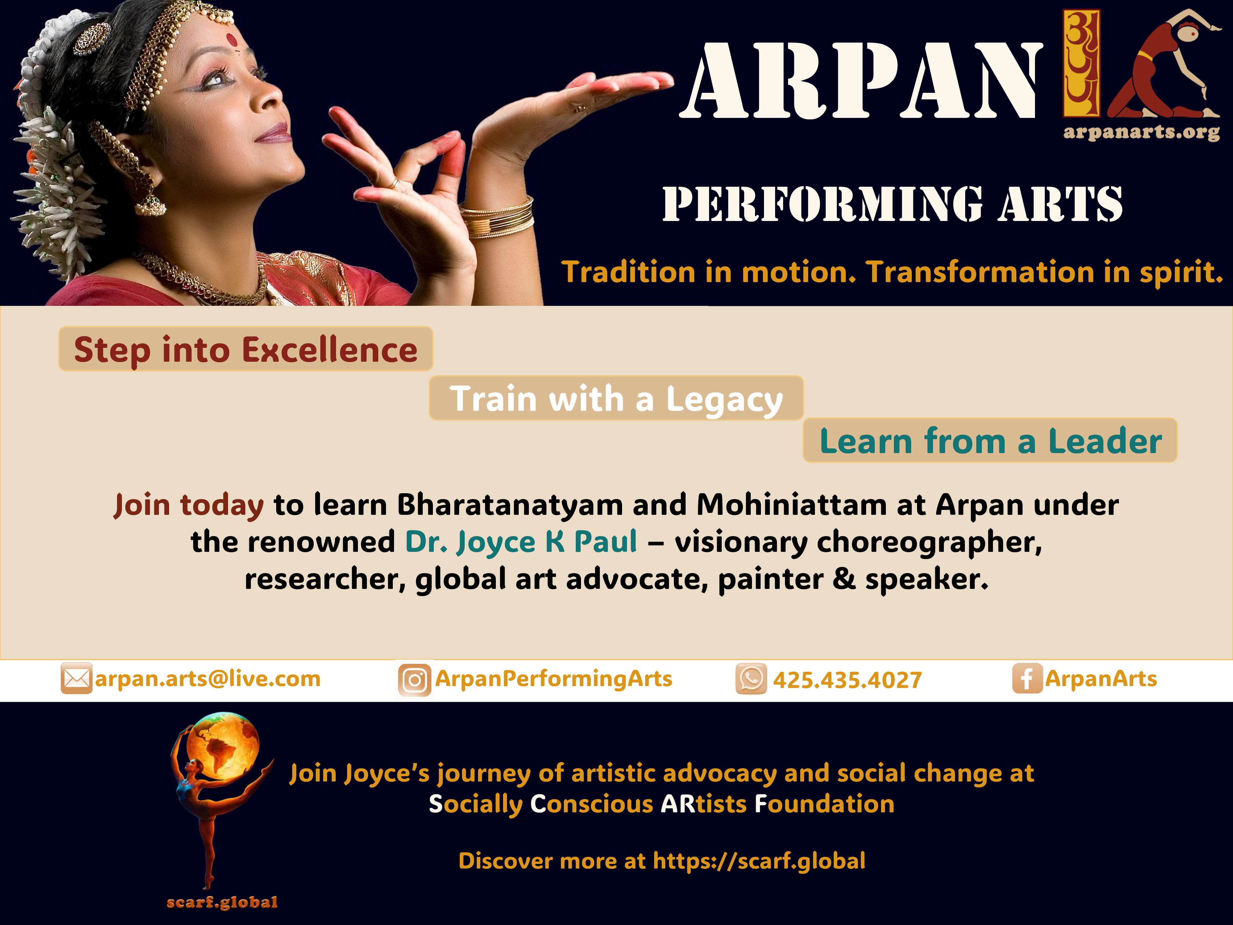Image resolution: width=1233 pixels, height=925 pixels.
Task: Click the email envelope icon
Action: (76, 679)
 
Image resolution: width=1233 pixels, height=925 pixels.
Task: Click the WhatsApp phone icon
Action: (751, 679)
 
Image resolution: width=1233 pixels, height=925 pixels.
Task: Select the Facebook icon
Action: (1027, 679)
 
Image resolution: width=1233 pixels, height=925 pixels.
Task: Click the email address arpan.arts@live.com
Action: (208, 679)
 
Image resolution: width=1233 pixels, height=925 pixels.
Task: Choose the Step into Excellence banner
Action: (246, 349)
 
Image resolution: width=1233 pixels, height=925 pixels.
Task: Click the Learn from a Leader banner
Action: (990, 440)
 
